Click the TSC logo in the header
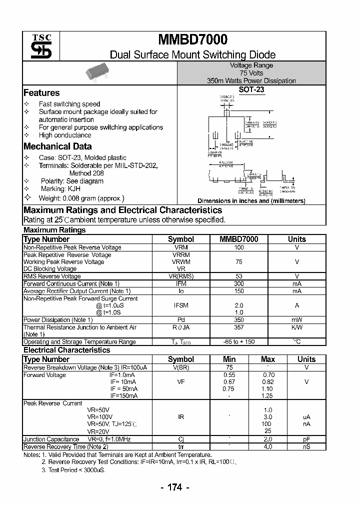(38, 46)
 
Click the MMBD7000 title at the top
(192, 40)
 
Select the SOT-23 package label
(251, 90)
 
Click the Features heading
(41, 92)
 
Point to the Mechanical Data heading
(57, 146)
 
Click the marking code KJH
(73, 189)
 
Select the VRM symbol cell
(180, 247)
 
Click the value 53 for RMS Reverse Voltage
(238, 276)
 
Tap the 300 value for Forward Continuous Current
(238, 283)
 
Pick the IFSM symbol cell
(180, 305)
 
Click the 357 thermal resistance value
(238, 327)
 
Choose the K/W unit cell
(297, 327)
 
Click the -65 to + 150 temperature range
(239, 342)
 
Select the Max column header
(268, 359)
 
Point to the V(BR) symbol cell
(180, 367)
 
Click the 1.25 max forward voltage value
(268, 396)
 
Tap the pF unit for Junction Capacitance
(306, 439)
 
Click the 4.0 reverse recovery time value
(268, 446)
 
